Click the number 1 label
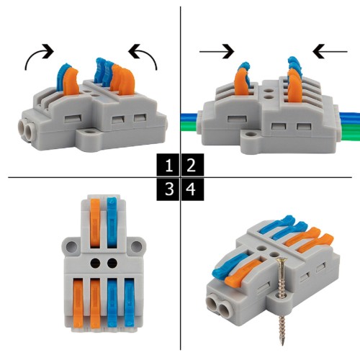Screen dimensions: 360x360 (x=168, y=166)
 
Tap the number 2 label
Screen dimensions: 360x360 (x=191, y=166)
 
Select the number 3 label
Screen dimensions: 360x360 (x=168, y=190)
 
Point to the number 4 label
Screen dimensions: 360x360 (x=191, y=190)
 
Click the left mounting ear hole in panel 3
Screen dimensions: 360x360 (x=71, y=246)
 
